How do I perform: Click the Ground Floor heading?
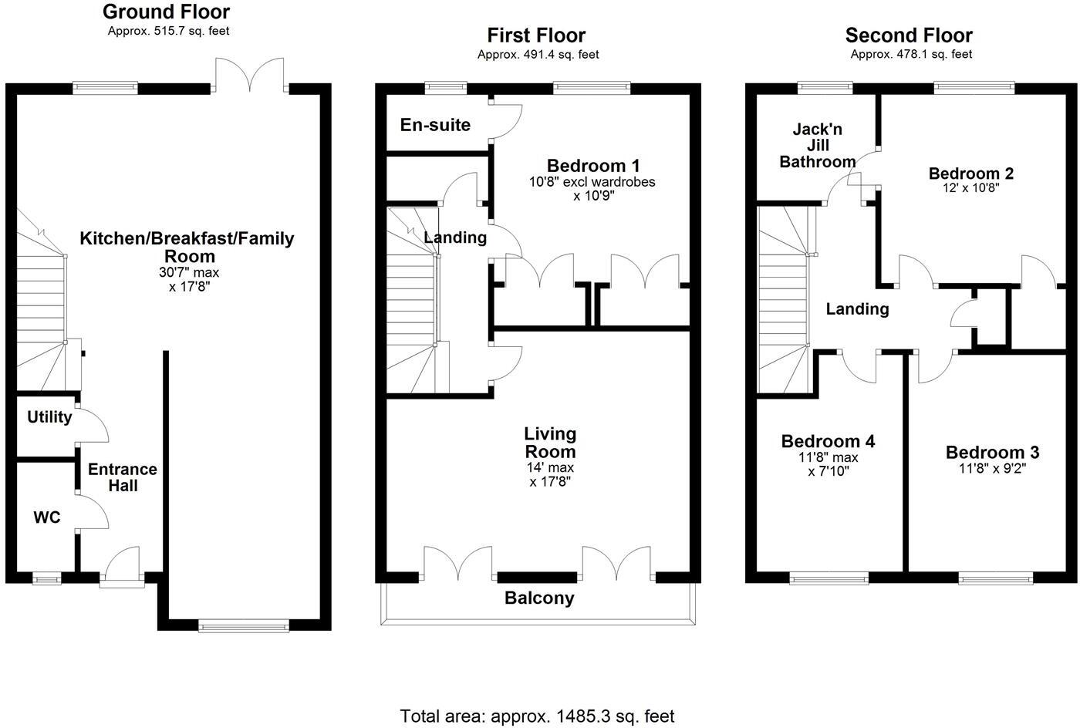click(x=166, y=12)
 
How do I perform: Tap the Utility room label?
click(x=49, y=417)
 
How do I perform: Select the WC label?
click(x=47, y=517)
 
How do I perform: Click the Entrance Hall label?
click(x=122, y=477)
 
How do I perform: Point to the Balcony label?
click(x=539, y=598)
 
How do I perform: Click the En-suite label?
click(x=435, y=125)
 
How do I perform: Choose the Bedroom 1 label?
click(x=593, y=166)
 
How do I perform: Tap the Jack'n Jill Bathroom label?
click(x=817, y=146)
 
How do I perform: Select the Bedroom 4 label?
click(x=828, y=441)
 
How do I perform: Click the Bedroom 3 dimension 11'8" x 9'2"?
click(x=992, y=467)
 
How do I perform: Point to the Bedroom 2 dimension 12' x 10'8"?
click(x=970, y=187)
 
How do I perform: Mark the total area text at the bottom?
click(x=537, y=716)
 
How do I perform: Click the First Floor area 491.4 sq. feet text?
click(x=538, y=55)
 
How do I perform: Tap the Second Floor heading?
click(x=909, y=35)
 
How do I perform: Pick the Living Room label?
click(x=550, y=443)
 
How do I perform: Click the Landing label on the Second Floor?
click(x=857, y=309)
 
